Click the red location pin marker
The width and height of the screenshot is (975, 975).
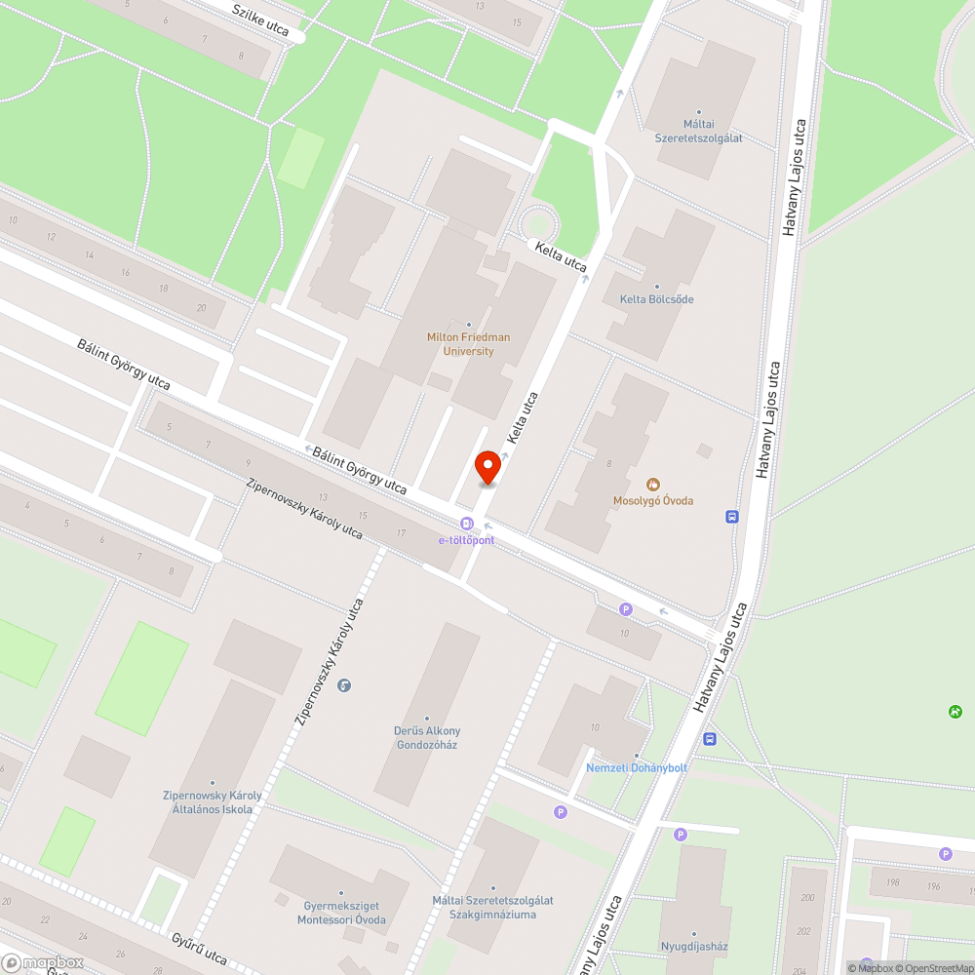coord(487,467)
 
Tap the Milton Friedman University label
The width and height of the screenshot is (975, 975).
coord(468,344)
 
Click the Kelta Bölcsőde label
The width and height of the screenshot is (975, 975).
coord(657,299)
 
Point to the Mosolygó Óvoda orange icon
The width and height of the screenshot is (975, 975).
coord(653,485)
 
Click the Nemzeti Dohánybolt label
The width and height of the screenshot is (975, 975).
coord(637,767)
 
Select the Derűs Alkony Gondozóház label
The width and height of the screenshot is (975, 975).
coord(427,737)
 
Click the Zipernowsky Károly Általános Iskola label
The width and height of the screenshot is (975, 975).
coord(212,802)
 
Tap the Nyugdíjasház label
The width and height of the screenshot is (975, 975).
coord(695,946)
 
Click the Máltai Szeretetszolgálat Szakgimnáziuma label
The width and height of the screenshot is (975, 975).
coord(492,907)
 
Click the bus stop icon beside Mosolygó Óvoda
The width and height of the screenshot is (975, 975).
coord(732,517)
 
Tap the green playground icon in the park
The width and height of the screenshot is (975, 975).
coord(955,712)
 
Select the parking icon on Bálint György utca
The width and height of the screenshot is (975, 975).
coord(626,609)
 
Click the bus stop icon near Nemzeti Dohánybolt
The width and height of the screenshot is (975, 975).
coord(710,738)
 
